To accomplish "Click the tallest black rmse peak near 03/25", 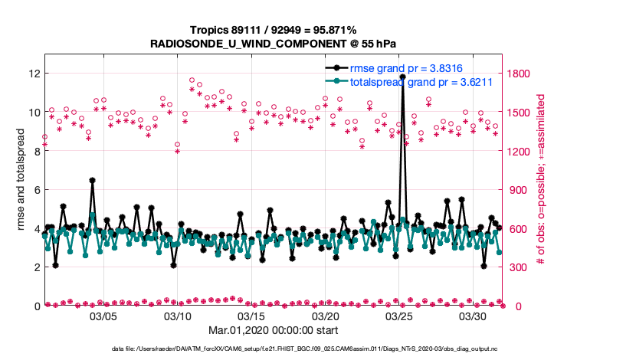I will (402, 77).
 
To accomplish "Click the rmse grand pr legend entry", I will (405, 68).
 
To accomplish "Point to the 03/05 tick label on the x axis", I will (103, 316).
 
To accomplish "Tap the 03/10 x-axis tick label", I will (177, 316).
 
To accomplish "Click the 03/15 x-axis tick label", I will (251, 316).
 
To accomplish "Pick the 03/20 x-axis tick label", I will (325, 316).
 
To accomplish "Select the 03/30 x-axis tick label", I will (473, 316).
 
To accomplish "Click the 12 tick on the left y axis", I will (33, 74).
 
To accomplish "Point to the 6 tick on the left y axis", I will (36, 189).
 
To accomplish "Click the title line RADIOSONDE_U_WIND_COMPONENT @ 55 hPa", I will (274, 44).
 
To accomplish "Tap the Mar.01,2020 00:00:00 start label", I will (274, 331).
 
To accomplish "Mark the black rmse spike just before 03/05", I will (92, 181).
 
